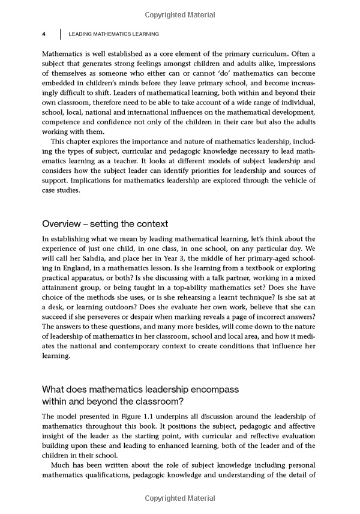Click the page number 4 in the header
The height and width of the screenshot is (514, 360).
[44, 34]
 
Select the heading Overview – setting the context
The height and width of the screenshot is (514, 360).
[106, 224]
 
